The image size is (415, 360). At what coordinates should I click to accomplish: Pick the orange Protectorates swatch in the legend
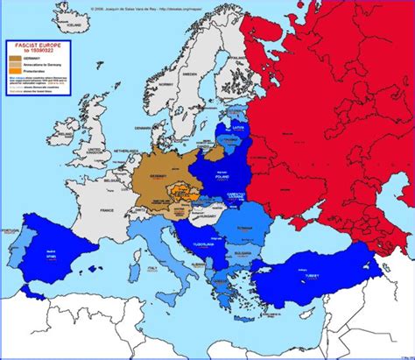pyautogui.click(x=16, y=71)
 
